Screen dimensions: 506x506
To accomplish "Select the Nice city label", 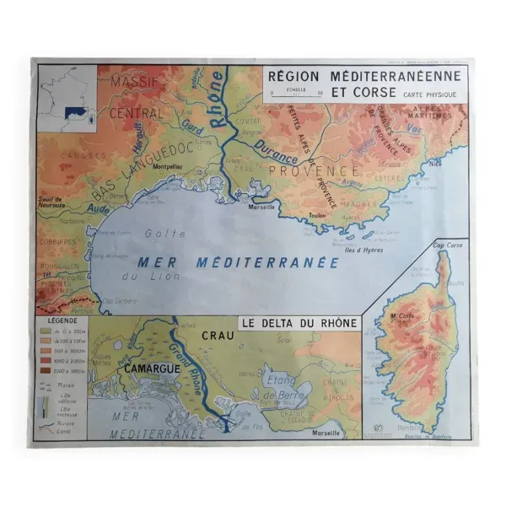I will pos(435,164).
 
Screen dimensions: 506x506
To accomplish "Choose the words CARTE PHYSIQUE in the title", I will pos(430,95).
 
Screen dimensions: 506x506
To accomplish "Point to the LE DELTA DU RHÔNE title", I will pos(299,323).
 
